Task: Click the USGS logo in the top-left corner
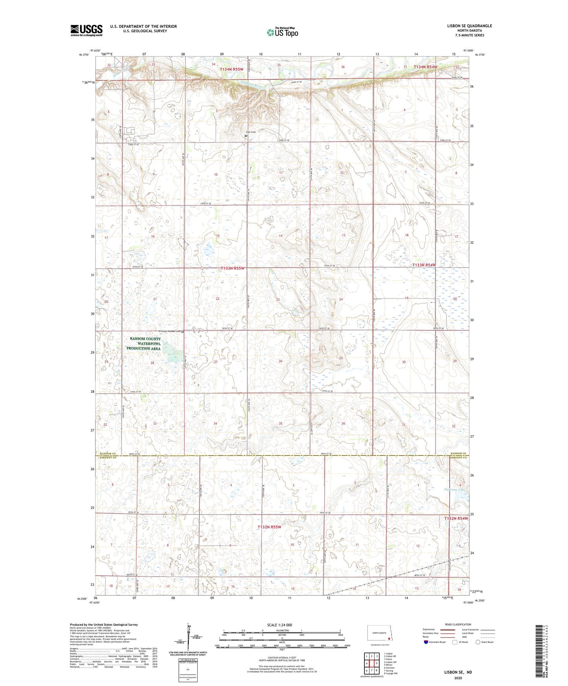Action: pyautogui.click(x=86, y=30)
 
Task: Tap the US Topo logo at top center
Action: pyautogui.click(x=282, y=32)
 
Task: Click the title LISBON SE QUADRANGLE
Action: pyautogui.click(x=469, y=26)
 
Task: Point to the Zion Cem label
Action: pyautogui.click(x=250, y=132)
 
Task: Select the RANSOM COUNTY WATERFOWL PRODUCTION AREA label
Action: pyautogui.click(x=143, y=343)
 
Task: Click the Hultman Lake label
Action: pyautogui.click(x=456, y=490)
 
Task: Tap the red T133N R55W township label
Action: pyautogui.click(x=232, y=268)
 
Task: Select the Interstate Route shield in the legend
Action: pyautogui.click(x=426, y=642)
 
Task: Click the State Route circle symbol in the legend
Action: pyautogui.click(x=478, y=642)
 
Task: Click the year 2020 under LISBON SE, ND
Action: pyautogui.click(x=458, y=678)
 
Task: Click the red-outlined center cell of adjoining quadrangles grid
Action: pyautogui.click(x=371, y=664)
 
